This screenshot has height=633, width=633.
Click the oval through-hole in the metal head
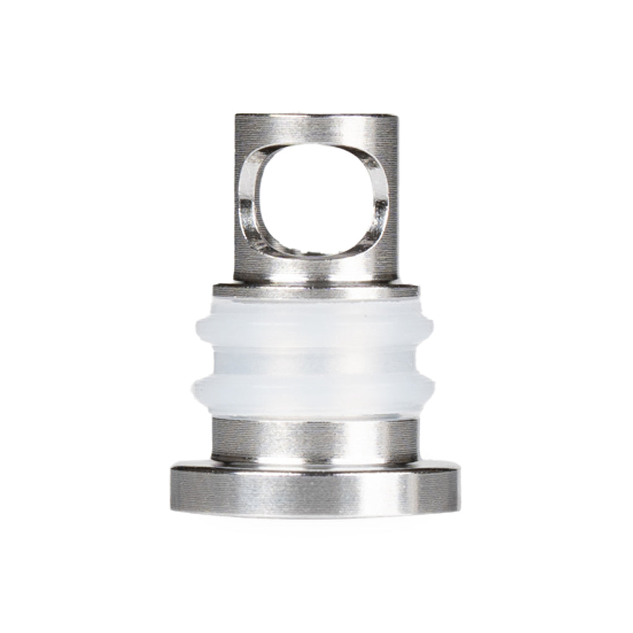[x=315, y=201]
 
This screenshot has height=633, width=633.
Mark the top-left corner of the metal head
[x=236, y=115]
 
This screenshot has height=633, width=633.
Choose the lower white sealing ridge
[x=315, y=389]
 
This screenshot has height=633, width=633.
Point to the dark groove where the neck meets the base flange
[x=315, y=461]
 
